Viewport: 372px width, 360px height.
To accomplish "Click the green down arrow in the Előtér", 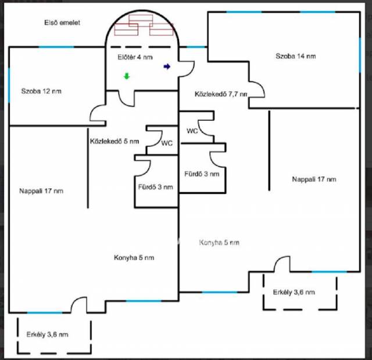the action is tap(127, 76).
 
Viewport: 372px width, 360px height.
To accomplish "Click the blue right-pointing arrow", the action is tap(167, 67).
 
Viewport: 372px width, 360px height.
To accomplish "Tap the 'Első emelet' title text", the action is tap(62, 23).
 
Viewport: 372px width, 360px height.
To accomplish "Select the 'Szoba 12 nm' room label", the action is tap(41, 91).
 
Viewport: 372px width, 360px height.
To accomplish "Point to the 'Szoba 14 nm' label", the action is tap(296, 56).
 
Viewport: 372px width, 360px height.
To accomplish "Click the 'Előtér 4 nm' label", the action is tap(135, 57).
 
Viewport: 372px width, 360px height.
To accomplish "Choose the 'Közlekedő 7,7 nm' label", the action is tap(221, 94).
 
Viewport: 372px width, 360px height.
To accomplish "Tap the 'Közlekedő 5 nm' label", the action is tap(115, 142).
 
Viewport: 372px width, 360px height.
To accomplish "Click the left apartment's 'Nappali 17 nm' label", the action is tap(41, 191).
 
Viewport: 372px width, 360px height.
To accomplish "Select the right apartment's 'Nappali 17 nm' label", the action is tap(314, 179).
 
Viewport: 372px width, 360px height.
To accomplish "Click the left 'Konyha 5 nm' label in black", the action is tap(134, 258).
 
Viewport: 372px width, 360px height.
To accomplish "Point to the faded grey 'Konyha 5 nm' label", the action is tap(219, 243).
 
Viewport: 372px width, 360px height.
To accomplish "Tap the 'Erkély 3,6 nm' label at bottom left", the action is tap(48, 334).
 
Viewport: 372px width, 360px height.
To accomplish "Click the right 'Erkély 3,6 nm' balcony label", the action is tap(294, 292).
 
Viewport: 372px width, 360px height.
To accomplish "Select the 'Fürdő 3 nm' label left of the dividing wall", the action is tap(156, 187).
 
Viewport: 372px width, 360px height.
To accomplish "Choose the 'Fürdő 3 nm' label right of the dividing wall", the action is tap(202, 174).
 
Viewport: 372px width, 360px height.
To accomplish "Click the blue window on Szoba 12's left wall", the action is tap(9, 85).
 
